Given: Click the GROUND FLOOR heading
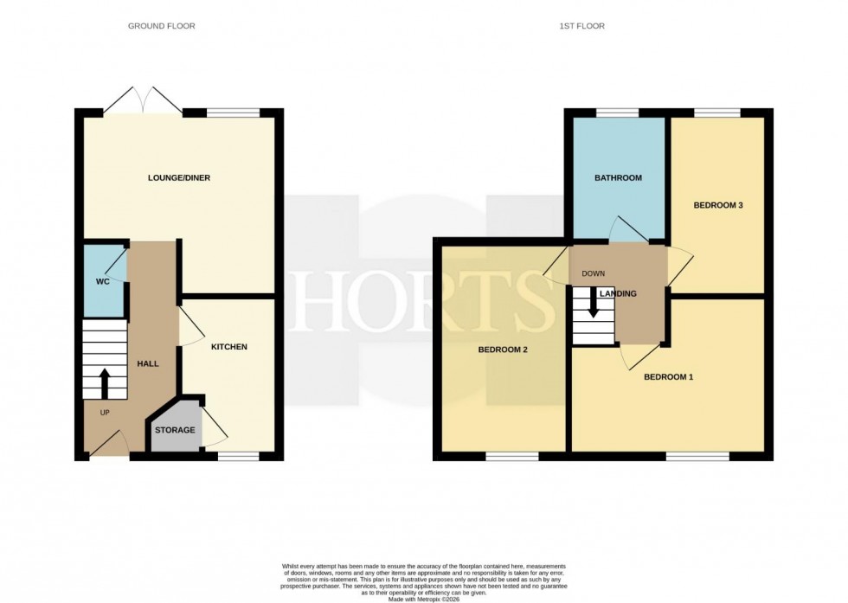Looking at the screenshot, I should click(x=161, y=26).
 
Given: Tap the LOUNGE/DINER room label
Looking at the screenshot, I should click(x=179, y=178).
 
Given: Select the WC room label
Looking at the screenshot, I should click(x=102, y=282).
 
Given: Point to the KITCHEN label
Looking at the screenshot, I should click(x=228, y=347).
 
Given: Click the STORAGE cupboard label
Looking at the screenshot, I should click(x=175, y=430).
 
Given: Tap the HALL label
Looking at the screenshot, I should click(x=148, y=364).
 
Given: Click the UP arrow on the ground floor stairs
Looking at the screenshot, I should click(x=105, y=380).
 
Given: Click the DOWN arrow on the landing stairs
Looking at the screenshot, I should click(x=594, y=304).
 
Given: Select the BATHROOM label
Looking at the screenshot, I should click(x=618, y=178).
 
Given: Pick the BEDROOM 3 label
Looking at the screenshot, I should click(x=718, y=206).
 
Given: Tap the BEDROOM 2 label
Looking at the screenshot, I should click(x=503, y=350).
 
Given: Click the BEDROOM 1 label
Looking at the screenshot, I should click(x=668, y=377).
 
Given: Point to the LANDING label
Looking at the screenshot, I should click(x=618, y=294).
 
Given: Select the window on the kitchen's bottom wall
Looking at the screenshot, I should click(x=238, y=455).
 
